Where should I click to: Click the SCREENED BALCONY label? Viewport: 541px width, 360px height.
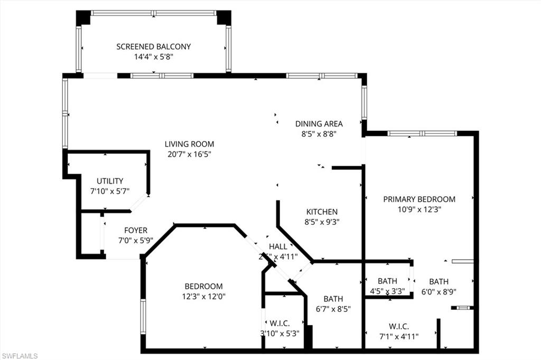pos(154,46)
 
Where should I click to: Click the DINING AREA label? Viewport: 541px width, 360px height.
pos(319,124)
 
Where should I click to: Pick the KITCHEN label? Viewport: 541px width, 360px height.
pos(322,212)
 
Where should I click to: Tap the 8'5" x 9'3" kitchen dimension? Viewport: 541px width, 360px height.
pos(322,222)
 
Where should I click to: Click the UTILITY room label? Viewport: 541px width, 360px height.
pos(110,181)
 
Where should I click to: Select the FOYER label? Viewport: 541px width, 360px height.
pos(136,230)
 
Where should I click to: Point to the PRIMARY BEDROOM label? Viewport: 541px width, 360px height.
pos(419,199)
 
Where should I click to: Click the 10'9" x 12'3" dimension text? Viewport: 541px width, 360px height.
pos(419,209)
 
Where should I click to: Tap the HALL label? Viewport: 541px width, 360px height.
pos(278,247)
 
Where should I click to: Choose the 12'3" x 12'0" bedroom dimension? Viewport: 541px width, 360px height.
pos(203,296)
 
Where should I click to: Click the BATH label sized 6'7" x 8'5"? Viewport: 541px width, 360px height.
pos(333,298)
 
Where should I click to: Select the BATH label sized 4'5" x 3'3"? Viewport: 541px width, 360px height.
pos(387,281)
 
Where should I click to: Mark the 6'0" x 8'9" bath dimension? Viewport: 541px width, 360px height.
pos(439,291)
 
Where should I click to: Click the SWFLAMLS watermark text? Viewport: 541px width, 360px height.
pos(20,356)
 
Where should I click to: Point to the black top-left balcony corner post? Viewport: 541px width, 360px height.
pos(83,17)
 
